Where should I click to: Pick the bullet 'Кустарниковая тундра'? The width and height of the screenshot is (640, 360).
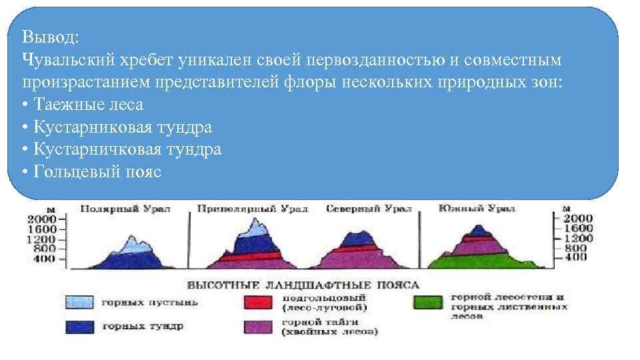tap(121, 127)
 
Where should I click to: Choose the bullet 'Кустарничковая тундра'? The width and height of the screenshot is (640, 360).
tap(121, 149)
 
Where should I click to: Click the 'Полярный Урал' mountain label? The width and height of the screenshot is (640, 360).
tap(125, 209)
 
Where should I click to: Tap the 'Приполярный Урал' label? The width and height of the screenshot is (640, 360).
tap(253, 209)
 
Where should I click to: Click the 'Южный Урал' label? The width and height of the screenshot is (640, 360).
tap(477, 209)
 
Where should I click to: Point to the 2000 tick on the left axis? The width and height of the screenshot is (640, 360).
tap(41, 219)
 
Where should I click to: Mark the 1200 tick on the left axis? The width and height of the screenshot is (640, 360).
tap(41, 239)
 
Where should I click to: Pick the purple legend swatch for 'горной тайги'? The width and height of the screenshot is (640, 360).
tap(257, 327)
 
